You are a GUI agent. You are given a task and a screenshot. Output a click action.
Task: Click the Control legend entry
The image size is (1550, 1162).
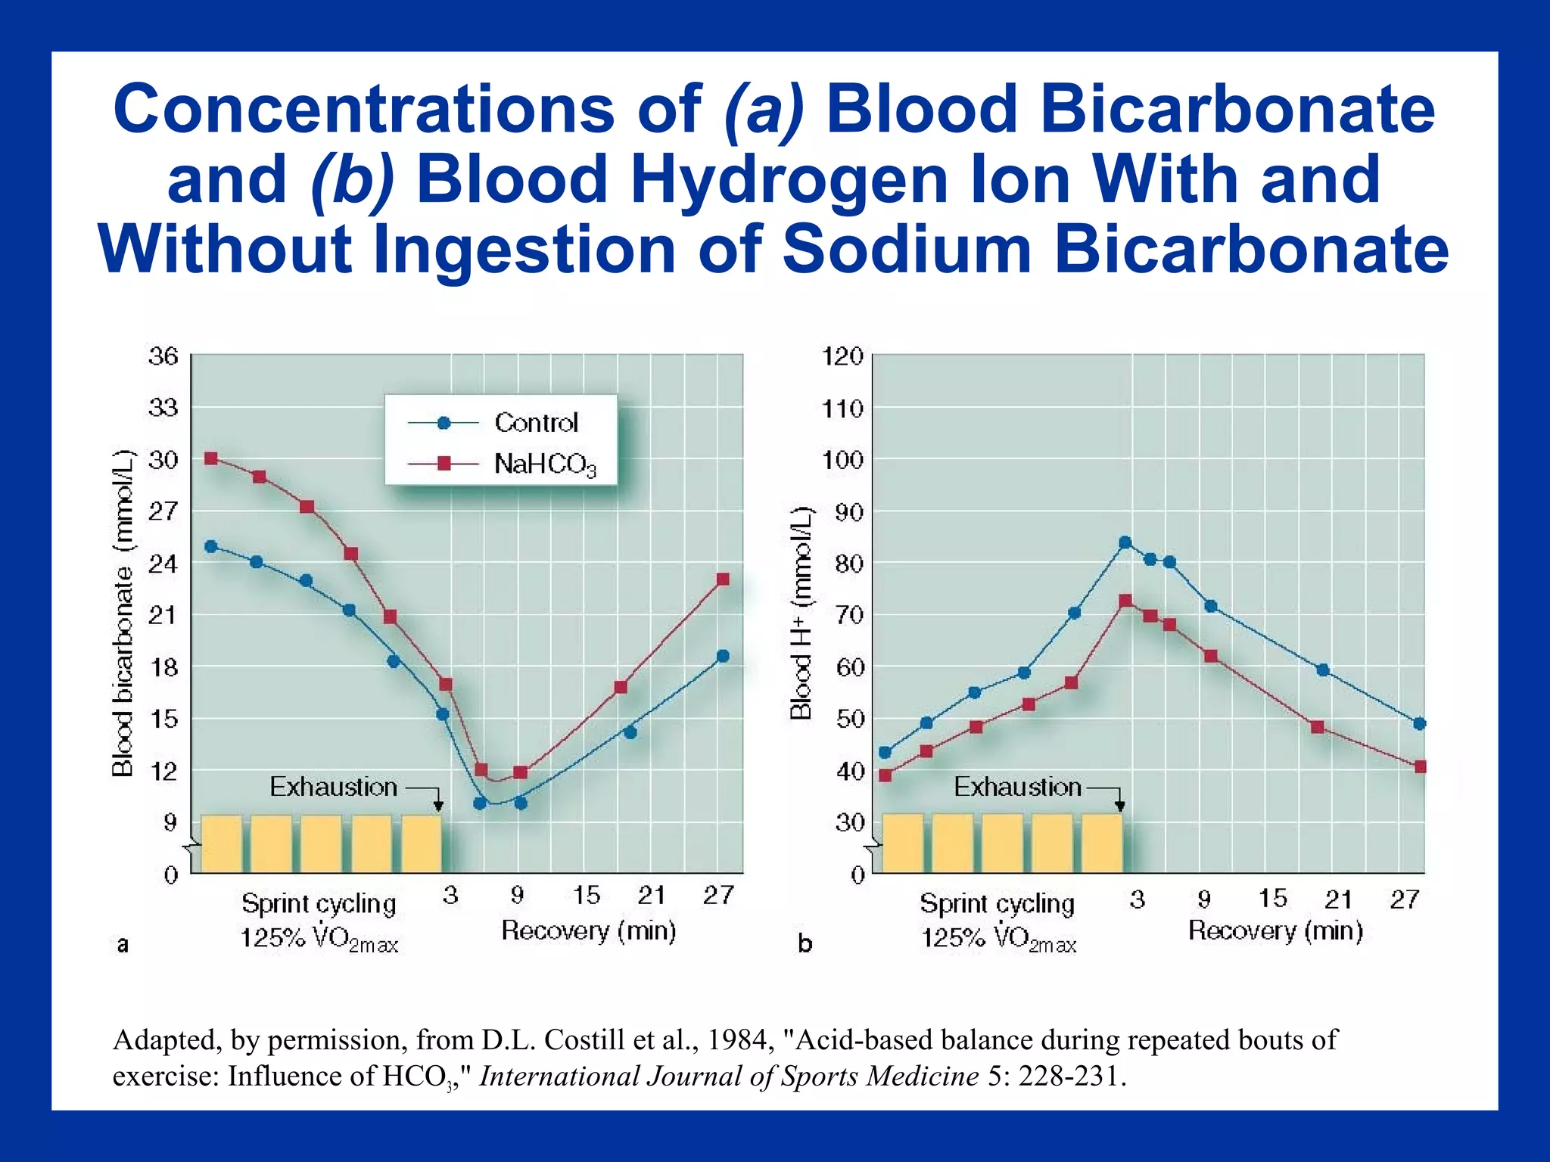coord(535,423)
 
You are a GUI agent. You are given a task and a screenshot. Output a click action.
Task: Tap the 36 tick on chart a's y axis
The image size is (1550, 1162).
coord(163,356)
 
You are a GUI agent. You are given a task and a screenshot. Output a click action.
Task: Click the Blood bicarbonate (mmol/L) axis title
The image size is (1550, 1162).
coord(123,613)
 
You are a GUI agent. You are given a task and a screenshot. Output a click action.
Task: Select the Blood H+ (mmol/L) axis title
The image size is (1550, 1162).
coord(801,613)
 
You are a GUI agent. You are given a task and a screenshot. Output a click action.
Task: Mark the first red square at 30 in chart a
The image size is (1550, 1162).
coord(211,458)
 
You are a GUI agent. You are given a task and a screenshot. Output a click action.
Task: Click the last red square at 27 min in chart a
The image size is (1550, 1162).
coord(723,579)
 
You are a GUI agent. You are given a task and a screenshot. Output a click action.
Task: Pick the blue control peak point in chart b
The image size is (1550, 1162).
coord(1125,542)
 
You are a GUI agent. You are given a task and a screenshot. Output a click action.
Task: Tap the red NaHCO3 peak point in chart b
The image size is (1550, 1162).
coord(1125,601)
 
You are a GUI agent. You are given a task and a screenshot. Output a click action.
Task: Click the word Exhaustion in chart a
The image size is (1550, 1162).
coord(333,788)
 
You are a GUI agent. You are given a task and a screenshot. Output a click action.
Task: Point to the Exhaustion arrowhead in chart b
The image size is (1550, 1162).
coord(1121,806)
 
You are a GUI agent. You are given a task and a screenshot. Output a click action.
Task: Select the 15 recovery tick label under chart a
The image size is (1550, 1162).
coord(586,896)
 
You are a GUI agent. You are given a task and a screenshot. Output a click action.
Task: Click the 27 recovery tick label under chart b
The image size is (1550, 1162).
coord(1405,899)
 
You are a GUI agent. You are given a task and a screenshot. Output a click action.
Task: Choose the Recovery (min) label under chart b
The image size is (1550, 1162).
coord(1275,931)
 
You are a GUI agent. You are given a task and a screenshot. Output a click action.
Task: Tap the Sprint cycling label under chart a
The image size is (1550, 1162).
coord(319,904)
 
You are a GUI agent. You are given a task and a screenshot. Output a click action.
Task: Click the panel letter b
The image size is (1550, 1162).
coord(805,944)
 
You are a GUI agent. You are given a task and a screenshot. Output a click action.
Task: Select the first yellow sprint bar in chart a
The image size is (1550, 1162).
coord(221,844)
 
